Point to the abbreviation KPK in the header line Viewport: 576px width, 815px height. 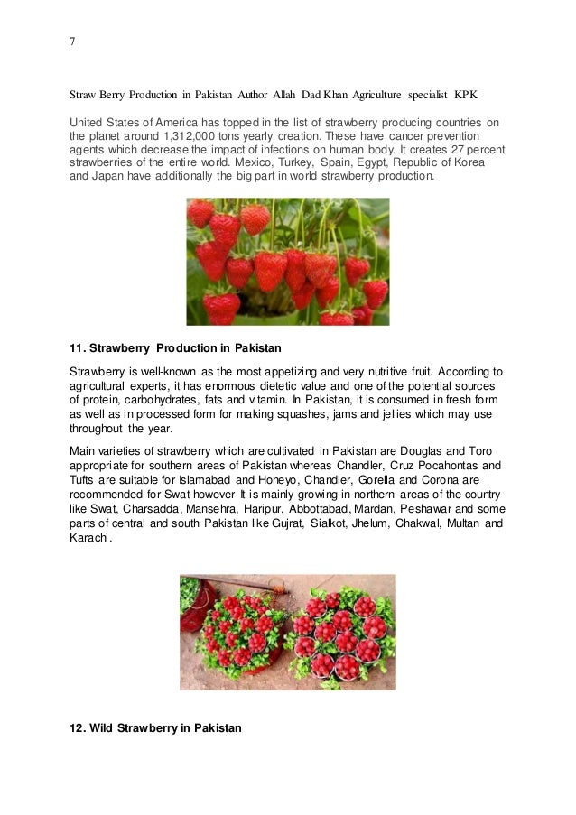coord(467,95)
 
